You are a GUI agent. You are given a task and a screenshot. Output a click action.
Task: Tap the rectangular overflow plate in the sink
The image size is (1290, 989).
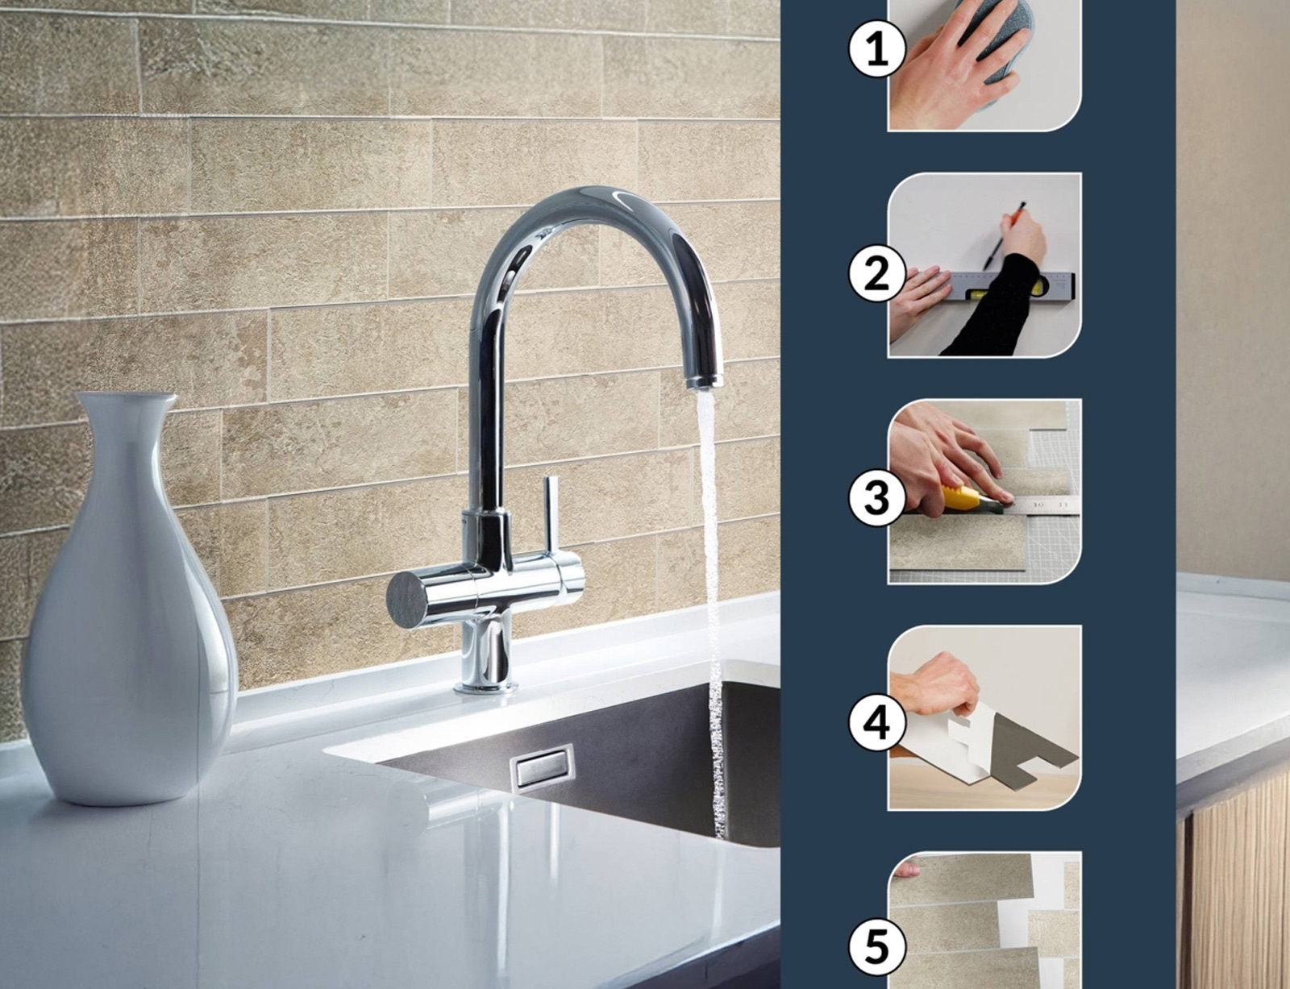542,767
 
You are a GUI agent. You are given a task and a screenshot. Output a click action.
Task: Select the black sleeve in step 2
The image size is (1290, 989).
997,309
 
